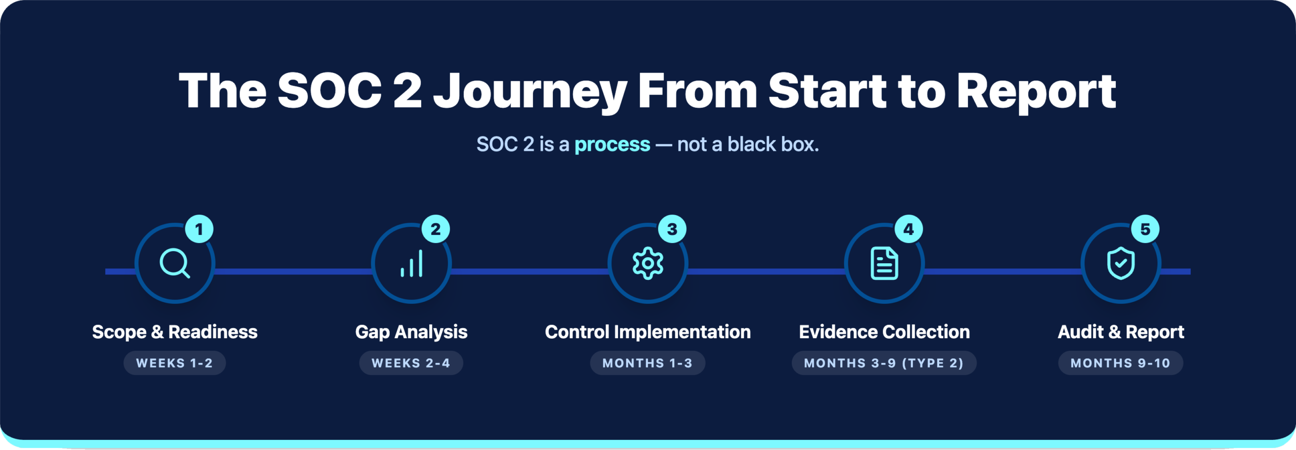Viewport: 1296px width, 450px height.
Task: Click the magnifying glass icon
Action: pos(175,263)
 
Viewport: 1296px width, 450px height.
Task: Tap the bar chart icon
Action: pos(412,264)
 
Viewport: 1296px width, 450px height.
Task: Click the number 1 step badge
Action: pos(199,229)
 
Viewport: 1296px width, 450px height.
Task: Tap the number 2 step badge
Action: pos(435,229)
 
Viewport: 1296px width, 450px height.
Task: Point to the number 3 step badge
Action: pos(672,229)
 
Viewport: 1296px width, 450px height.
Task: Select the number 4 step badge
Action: pos(909,229)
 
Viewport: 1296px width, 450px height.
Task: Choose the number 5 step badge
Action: pos(1145,229)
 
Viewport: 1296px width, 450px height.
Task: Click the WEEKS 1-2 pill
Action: pos(175,363)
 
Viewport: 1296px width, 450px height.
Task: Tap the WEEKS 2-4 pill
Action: pos(411,363)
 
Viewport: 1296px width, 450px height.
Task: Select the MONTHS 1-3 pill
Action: pos(647,363)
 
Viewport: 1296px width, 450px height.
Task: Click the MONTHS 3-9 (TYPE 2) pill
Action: pos(884,363)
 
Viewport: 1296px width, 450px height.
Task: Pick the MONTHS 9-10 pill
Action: pos(1120,363)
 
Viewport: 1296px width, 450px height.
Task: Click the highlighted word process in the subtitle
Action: pos(612,145)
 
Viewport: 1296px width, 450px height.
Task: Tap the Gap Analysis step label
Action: pos(411,332)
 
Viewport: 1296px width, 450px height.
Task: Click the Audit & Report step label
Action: pos(1121,332)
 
